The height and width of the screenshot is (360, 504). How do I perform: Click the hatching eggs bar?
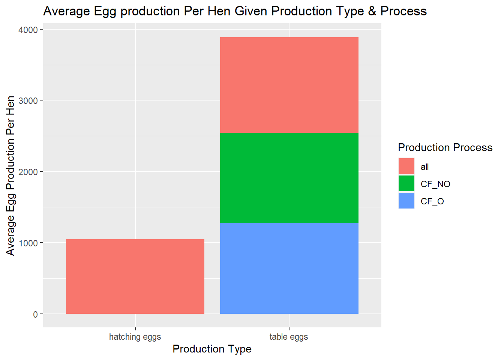click(x=135, y=276)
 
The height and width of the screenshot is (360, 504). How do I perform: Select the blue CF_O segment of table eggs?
click(x=289, y=268)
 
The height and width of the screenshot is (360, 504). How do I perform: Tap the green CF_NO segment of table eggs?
click(x=289, y=178)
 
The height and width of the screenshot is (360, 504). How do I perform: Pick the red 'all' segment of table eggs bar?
click(x=289, y=85)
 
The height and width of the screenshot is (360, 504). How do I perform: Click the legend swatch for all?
click(x=406, y=166)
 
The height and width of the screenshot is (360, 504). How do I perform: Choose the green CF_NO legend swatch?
click(x=406, y=183)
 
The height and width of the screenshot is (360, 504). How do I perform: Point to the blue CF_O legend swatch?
click(x=406, y=201)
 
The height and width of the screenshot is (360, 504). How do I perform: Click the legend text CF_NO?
click(x=435, y=184)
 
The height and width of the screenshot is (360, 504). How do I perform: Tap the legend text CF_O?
click(x=432, y=201)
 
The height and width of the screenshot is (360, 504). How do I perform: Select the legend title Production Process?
click(x=445, y=148)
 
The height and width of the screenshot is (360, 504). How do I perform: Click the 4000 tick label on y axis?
click(x=28, y=30)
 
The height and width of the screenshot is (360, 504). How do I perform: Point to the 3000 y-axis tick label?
click(x=28, y=100)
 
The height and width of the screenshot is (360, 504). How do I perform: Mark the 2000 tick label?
click(x=28, y=172)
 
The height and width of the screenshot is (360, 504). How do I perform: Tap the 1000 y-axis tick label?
click(x=28, y=243)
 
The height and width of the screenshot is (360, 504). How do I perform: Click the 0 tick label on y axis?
click(x=36, y=314)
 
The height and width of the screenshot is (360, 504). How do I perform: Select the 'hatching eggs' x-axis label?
click(x=135, y=337)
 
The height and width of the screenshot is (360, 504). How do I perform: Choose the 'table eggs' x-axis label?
click(x=289, y=337)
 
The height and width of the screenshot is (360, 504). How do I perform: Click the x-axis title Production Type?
click(x=212, y=349)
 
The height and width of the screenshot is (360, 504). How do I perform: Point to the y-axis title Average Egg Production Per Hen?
click(x=10, y=176)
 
